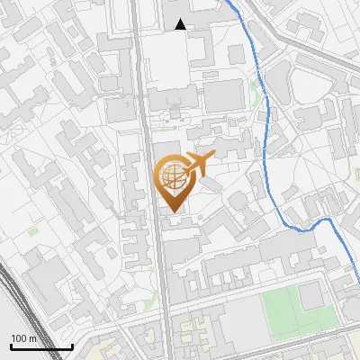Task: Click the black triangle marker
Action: click(x=181, y=24)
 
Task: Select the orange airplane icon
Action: click(x=197, y=165)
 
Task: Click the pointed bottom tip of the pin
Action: click(x=173, y=212)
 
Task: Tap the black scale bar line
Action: click(x=40, y=346)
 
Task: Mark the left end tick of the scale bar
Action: click(x=10, y=345)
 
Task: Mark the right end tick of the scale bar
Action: click(x=72, y=345)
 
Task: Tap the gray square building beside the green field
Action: click(x=313, y=294)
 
